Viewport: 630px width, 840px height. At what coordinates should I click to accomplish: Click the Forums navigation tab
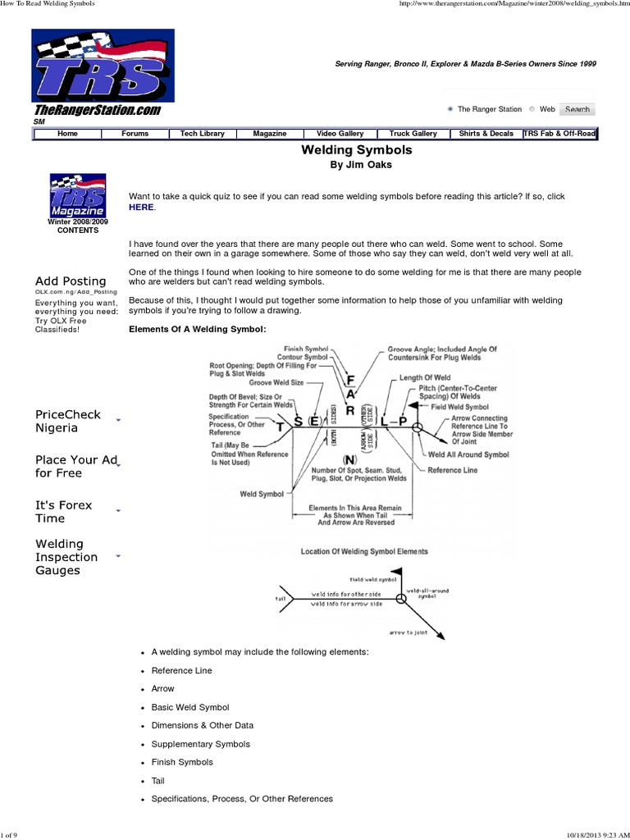(135, 134)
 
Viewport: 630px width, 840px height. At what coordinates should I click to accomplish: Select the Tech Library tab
(202, 134)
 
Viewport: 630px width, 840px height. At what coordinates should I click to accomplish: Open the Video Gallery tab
(340, 134)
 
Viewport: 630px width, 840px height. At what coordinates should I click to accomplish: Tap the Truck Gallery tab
(413, 134)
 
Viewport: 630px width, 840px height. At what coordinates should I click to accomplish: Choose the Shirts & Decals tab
(486, 134)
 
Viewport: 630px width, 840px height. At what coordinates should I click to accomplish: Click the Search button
(577, 109)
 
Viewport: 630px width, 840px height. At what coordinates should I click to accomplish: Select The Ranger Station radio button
(450, 109)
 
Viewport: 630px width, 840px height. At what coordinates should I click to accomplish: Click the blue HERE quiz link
(141, 208)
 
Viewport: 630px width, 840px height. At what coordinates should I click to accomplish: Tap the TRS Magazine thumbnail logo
(77, 198)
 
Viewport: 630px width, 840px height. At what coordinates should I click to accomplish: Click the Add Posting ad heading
(71, 281)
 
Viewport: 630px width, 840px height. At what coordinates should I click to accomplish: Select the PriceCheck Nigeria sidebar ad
(68, 421)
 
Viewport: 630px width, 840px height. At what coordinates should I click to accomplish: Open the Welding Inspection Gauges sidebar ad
(66, 557)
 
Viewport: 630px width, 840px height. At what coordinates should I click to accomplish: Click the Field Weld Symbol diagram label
(459, 407)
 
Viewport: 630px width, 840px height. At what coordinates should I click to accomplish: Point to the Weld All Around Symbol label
(468, 454)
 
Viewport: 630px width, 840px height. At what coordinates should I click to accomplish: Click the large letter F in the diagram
(351, 381)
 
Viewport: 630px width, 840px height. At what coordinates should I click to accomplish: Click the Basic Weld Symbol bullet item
(190, 707)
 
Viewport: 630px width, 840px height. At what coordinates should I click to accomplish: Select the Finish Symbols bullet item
(182, 762)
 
